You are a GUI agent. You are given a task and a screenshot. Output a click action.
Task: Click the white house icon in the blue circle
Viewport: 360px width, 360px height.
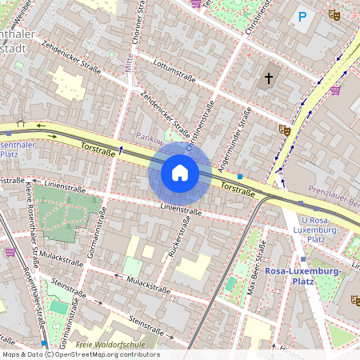click(180, 172)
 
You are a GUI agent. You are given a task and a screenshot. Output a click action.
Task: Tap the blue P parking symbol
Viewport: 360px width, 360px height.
click(302, 16)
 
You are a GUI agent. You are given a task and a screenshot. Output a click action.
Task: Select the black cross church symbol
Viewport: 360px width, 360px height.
click(269, 78)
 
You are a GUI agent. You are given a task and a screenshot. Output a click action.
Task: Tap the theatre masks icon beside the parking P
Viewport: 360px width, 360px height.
click(334, 14)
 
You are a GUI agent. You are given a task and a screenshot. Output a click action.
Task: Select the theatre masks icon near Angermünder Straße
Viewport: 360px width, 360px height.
click(283, 129)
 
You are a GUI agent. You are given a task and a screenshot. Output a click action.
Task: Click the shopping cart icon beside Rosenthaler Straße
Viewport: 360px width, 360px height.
click(10, 251)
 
